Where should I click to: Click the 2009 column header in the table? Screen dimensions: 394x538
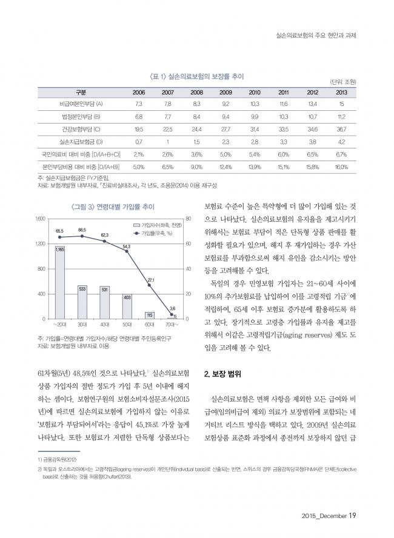(225, 92)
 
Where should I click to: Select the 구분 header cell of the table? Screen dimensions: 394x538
(81, 92)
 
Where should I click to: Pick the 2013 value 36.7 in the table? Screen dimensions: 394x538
(341, 130)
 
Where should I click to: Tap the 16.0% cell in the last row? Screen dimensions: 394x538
(341, 167)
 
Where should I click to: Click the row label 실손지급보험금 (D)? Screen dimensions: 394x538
(81, 142)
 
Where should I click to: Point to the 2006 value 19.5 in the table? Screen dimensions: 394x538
(139, 130)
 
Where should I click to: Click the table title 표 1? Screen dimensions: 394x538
(196, 76)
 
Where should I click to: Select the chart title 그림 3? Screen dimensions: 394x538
(113, 207)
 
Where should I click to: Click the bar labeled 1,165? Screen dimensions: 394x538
(60, 282)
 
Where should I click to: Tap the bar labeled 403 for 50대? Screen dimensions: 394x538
(127, 307)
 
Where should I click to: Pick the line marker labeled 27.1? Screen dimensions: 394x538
(149, 285)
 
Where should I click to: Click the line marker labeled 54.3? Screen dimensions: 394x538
(127, 251)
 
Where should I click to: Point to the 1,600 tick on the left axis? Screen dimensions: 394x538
(41, 219)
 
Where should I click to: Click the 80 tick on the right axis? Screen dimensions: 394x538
(189, 219)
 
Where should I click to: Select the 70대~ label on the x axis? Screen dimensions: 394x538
(172, 324)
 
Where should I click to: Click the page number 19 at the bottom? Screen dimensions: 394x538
(352, 516)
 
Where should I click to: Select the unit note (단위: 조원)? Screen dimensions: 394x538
(343, 82)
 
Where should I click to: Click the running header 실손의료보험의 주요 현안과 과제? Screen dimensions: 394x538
(316, 35)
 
